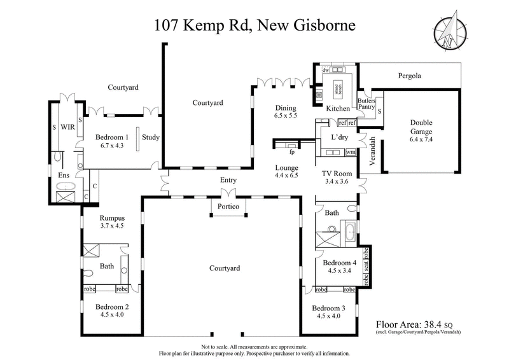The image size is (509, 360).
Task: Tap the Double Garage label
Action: pos(421,123)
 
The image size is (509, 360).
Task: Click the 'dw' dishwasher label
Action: pos(324,70)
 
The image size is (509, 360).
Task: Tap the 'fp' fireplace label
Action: pos(292,153)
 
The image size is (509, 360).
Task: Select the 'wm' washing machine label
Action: pos(350,153)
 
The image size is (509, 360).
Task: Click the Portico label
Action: pos(227,207)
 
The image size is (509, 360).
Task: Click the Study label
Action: pos(151,137)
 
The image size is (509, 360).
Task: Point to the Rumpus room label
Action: pos(111,217)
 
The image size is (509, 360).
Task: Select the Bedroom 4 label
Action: pos(339,263)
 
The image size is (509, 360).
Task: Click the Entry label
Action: pos(228,180)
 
